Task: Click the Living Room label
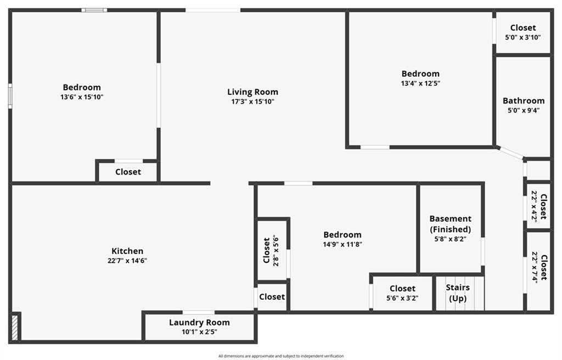point(252,92)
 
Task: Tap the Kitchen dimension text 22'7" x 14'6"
point(127,261)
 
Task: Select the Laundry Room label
point(199,322)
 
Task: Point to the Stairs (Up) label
point(458,293)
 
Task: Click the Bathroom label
point(524,101)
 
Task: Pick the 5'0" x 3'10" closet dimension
point(523,37)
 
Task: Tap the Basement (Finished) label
point(451,224)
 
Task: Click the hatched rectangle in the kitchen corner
point(15,327)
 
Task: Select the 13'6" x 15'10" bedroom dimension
point(82,97)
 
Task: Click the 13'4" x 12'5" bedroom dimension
point(420,83)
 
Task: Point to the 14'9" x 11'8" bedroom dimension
point(342,244)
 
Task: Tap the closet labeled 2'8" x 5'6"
point(271,250)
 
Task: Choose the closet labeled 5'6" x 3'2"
point(402,293)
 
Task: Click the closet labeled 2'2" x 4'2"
point(539,206)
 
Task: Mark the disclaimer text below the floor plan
point(281,356)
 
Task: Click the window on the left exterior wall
point(10,95)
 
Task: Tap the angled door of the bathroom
point(510,152)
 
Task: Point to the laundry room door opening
point(199,312)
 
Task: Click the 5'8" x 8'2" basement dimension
point(450,239)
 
